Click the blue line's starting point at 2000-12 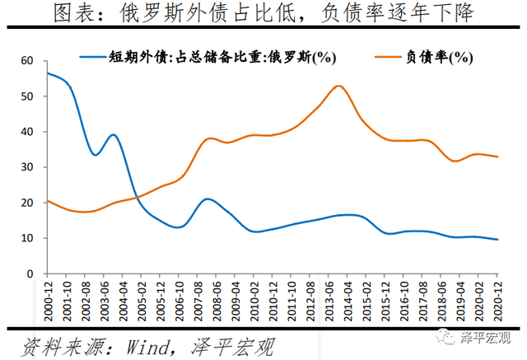(48, 73)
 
